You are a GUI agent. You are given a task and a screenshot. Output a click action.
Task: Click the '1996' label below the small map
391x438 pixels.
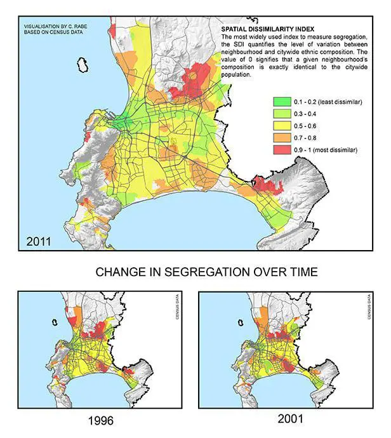[x=102, y=421]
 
